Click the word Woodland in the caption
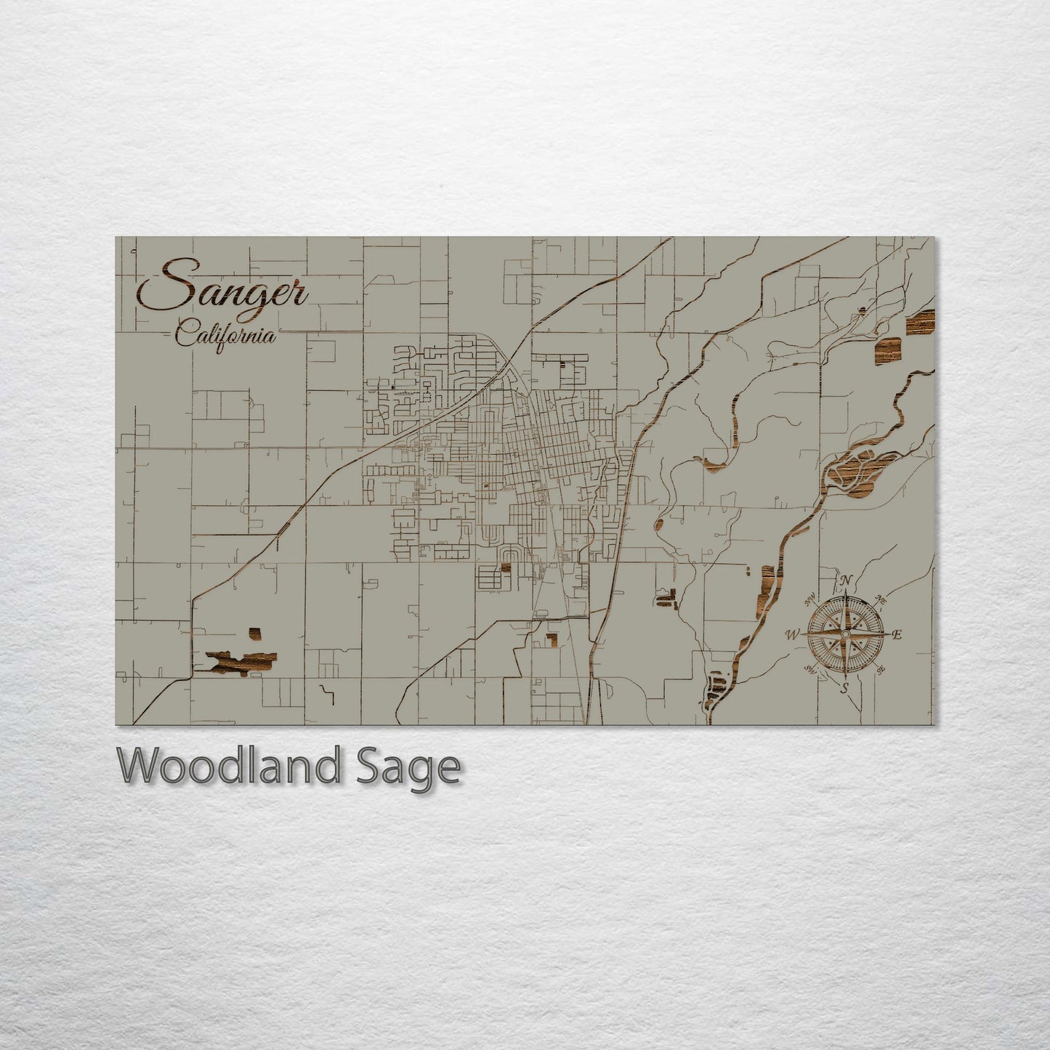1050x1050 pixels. (228, 766)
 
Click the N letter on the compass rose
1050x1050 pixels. (846, 581)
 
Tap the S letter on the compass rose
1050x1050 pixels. (844, 687)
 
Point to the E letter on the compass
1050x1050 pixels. (897, 635)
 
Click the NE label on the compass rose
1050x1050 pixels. (881, 600)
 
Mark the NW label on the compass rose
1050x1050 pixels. (810, 600)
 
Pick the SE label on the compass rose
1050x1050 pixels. (881, 669)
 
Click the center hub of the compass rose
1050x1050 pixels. (845, 634)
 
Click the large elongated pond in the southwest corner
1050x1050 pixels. (242, 661)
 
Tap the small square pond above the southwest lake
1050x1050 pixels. (255, 634)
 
